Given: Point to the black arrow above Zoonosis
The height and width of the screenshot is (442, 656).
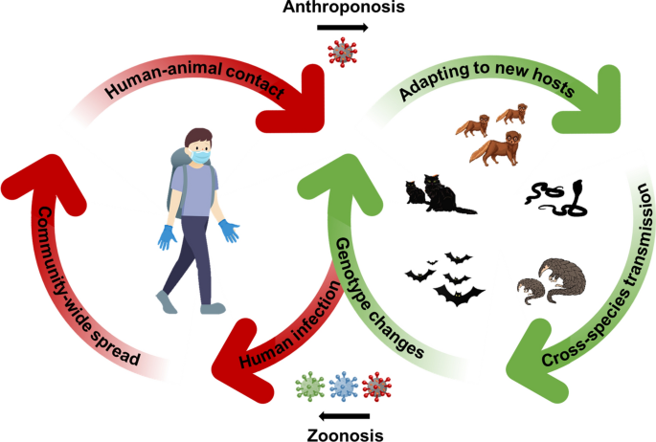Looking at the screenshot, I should click(346, 415).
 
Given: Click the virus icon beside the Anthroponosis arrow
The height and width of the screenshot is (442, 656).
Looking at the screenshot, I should click(340, 51).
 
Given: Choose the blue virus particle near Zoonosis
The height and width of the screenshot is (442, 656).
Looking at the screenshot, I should click(342, 388).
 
